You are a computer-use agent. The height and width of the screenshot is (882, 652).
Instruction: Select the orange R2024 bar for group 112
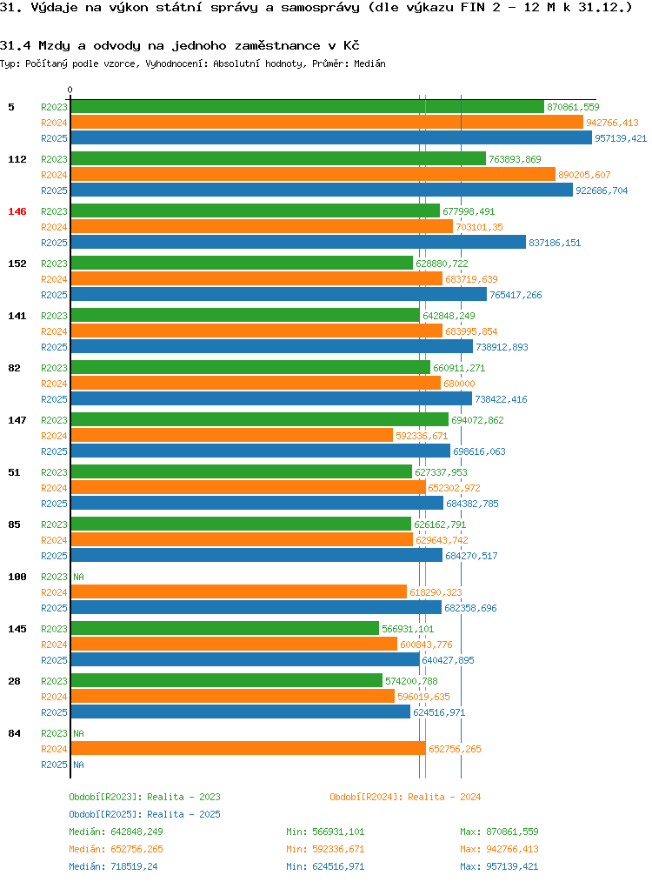[x=312, y=174]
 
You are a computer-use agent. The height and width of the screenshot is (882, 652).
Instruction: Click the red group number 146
[x=17, y=211]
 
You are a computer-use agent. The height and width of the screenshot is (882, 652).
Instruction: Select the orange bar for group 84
[x=248, y=748]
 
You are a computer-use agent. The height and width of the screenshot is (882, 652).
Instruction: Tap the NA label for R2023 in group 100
[x=78, y=577]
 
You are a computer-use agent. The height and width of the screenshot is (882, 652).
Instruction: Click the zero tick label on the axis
[x=70, y=90]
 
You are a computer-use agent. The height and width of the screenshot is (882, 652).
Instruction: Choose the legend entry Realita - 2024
[x=405, y=797]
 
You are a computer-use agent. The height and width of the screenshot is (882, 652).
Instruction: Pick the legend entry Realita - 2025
[x=144, y=814]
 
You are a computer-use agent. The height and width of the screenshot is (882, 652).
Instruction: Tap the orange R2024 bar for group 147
[x=231, y=435]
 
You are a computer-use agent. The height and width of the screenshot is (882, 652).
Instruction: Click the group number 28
[x=14, y=681]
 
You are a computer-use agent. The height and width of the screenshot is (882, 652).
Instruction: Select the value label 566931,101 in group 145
[x=408, y=629]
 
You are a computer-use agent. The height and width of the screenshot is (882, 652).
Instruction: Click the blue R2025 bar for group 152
[x=278, y=294]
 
